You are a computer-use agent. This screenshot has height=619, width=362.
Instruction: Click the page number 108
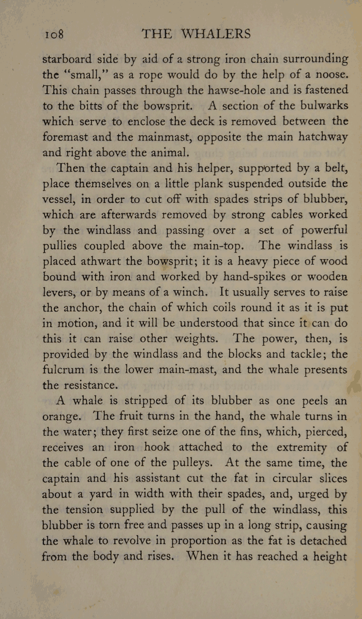pyautogui.click(x=54, y=35)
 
